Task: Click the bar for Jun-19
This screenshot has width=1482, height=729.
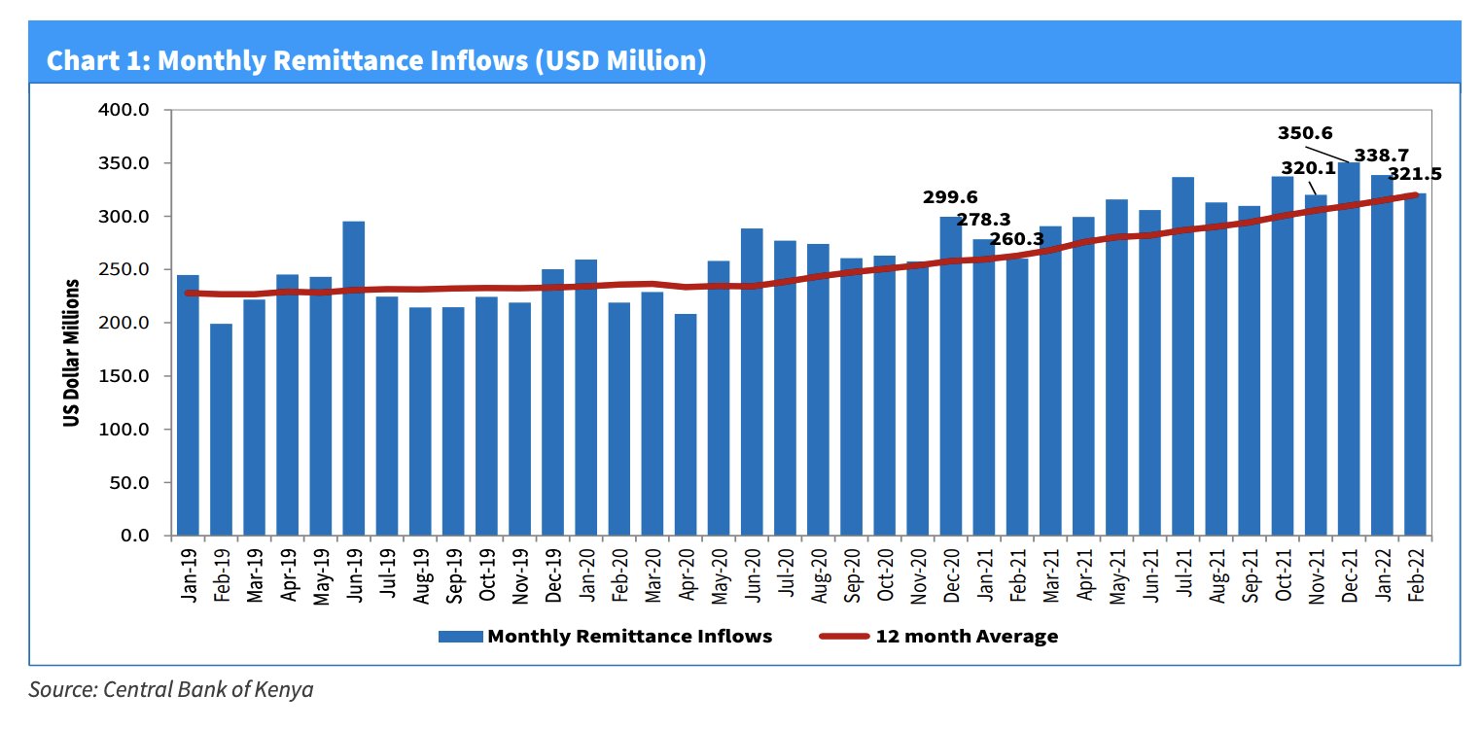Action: coord(354,379)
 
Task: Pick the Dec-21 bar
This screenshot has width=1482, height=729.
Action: coord(1349,349)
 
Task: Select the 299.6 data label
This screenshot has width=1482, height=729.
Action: coord(950,198)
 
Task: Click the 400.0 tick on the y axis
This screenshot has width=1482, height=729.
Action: coord(124,110)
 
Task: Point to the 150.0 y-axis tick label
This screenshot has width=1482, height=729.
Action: coord(124,376)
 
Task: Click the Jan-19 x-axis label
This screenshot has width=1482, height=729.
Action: coord(189,576)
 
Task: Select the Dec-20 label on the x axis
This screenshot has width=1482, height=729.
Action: coord(951,576)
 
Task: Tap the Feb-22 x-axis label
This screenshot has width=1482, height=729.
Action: coord(1416,576)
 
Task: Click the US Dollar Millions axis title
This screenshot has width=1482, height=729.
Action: coord(71,354)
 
